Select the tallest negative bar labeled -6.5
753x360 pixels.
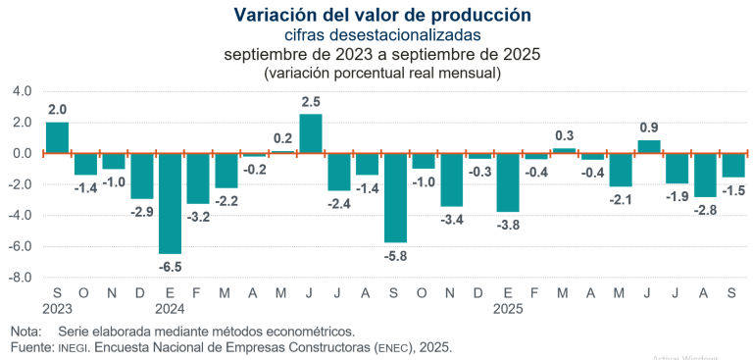point(171,203)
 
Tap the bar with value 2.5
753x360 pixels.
point(311,133)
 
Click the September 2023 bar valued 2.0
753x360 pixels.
point(58,137)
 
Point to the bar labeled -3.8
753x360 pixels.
point(508,182)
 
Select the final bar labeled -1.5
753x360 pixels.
point(733,165)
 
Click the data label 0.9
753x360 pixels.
point(648,127)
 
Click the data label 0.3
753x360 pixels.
point(564,135)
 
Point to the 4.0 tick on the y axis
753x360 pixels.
point(23,91)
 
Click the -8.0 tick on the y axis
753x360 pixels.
point(21,278)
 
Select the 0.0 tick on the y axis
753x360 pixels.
point(23,153)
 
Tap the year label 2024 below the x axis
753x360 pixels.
point(171,308)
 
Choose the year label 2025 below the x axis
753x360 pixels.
point(508,308)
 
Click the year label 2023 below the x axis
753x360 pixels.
point(58,308)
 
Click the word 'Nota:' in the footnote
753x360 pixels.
point(27,331)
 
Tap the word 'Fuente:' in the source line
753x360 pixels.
point(30,347)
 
